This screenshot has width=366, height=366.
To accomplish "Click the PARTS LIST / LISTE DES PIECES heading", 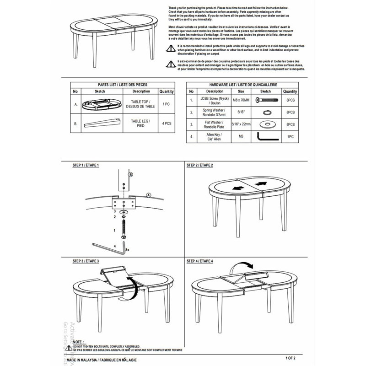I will [122, 85].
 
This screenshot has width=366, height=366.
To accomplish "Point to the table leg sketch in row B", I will [100, 123].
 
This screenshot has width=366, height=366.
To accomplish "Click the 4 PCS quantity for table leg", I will [166, 123].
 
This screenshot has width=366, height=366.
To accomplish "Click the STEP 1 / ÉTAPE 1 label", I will [86, 165].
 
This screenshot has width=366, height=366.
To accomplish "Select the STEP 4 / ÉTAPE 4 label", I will [199, 260].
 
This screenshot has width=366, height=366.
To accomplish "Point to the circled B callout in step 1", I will [130, 175].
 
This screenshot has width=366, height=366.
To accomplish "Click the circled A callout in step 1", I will [148, 194].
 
